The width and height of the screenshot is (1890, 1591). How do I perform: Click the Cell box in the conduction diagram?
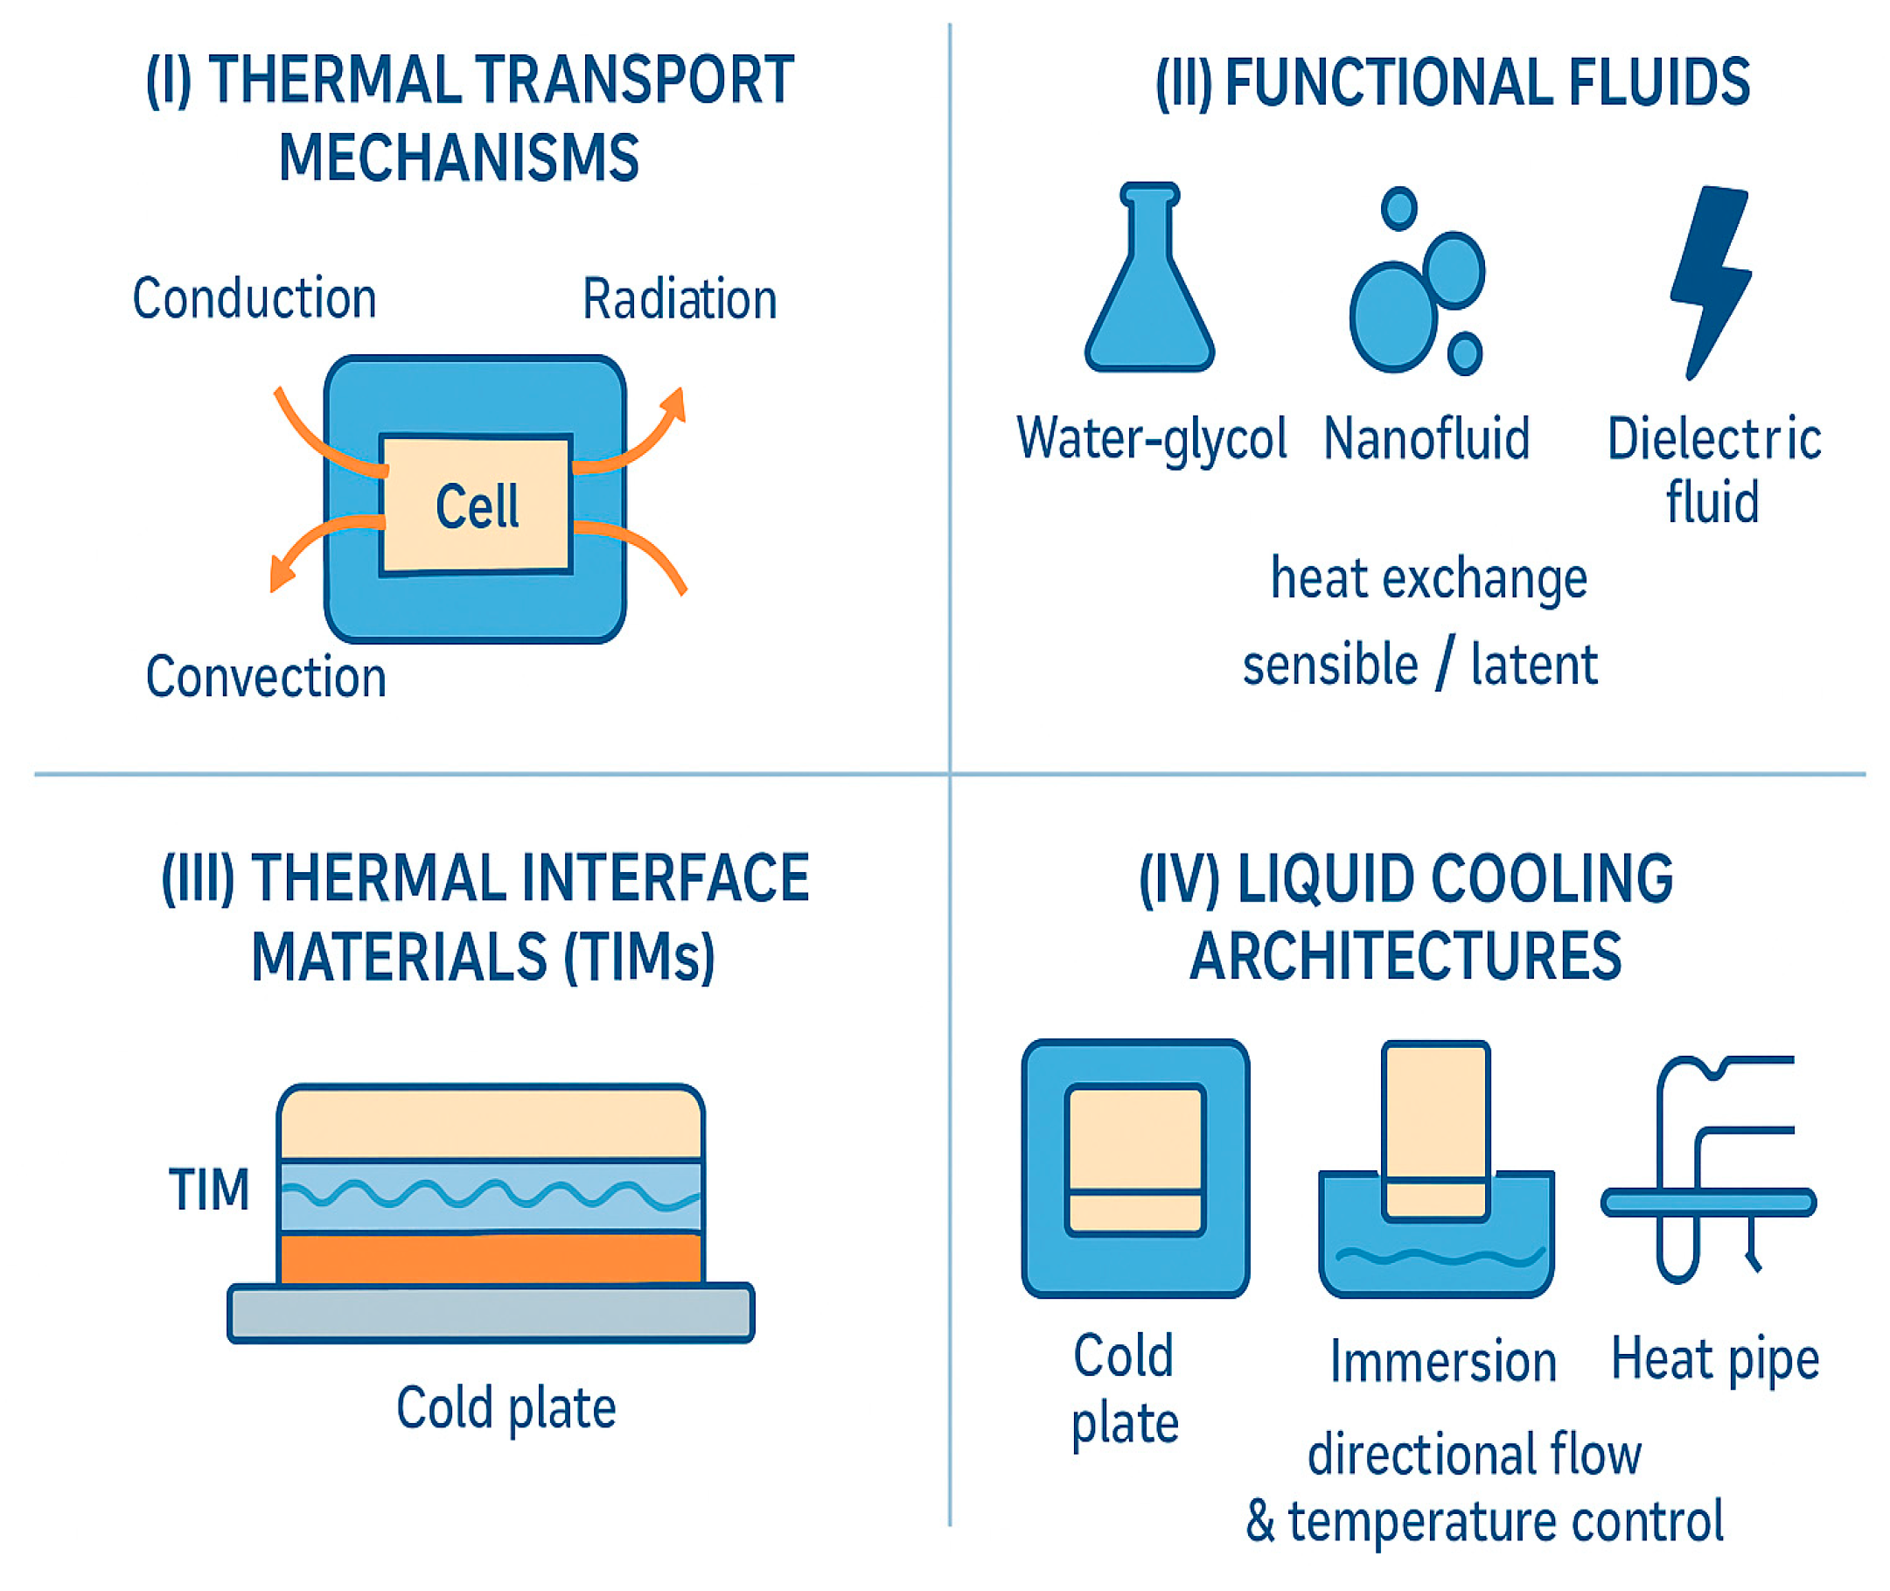(476, 504)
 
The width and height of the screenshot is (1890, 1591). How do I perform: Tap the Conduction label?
(255, 298)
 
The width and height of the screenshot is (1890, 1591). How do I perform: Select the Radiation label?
(679, 299)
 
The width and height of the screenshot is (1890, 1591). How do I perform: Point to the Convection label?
(266, 677)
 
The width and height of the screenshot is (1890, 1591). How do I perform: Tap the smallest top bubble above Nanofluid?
(1398, 208)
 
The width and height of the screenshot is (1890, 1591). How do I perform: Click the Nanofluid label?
(1426, 439)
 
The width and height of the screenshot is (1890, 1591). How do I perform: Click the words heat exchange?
(1428, 578)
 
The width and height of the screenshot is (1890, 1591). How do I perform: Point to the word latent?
(1534, 665)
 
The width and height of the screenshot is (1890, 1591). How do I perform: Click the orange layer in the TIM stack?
(491, 1258)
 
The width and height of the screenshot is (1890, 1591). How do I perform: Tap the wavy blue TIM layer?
(491, 1196)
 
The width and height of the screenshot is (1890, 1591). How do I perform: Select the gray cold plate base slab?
(491, 1313)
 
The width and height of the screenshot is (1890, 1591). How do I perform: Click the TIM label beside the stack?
(209, 1190)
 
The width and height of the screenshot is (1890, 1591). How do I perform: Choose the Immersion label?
(1443, 1362)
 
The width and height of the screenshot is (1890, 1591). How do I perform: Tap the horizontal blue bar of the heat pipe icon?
(1709, 1203)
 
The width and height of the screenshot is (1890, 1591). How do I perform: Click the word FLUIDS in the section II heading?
(1658, 83)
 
